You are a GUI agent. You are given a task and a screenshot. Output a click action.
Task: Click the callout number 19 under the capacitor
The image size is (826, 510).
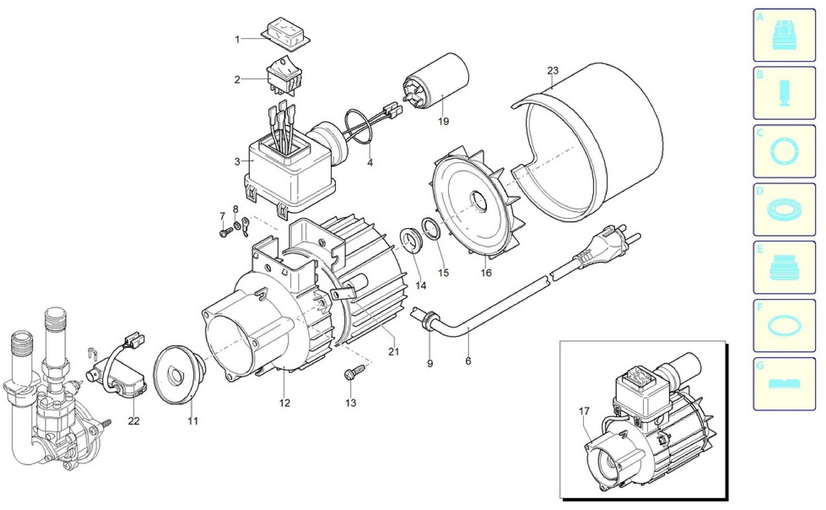pyautogui.click(x=444, y=121)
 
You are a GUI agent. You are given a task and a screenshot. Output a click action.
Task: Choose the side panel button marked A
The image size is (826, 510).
pyautogui.click(x=784, y=35)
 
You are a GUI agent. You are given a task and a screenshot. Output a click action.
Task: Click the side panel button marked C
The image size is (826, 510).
pyautogui.click(x=784, y=151)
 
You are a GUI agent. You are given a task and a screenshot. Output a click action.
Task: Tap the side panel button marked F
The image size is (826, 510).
pyautogui.click(x=784, y=325)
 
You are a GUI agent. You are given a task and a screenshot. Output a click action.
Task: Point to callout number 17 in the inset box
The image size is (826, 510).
pyautogui.click(x=584, y=411)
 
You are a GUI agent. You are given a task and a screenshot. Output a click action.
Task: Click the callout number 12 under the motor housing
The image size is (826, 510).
pyautogui.click(x=285, y=403)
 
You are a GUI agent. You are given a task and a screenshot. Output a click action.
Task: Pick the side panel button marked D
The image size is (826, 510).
pyautogui.click(x=784, y=209)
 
